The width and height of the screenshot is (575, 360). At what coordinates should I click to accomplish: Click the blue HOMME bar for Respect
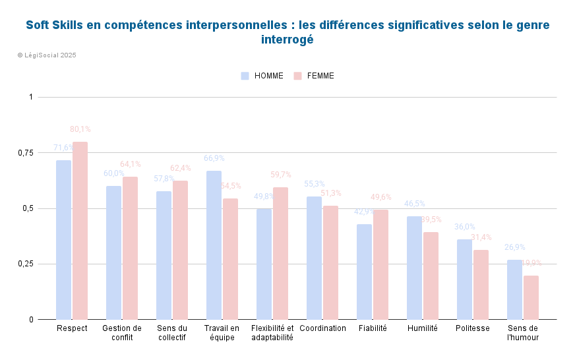63,240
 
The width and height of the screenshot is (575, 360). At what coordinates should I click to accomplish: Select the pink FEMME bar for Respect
80,231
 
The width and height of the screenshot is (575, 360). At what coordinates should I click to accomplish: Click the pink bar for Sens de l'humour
531,297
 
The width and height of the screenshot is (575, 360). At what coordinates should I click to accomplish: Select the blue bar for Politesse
464,280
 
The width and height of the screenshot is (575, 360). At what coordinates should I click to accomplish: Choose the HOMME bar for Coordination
314,258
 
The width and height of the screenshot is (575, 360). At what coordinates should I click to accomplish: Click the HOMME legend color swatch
245,76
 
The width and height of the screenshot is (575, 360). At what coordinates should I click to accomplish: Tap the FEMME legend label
320,76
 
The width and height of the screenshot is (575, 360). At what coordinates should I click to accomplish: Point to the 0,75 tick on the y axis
25,153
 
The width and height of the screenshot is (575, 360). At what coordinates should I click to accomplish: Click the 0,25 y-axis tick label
25,264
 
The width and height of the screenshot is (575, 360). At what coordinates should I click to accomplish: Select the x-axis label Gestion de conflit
122,332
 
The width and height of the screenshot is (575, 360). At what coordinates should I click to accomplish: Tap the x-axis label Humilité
422,328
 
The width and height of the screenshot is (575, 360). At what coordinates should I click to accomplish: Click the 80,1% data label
80,129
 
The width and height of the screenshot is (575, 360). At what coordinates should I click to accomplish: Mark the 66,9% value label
214,158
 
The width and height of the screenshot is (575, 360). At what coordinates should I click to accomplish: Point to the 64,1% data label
130,164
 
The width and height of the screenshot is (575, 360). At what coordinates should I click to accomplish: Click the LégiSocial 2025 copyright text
47,55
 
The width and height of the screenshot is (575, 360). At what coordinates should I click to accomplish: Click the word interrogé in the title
287,39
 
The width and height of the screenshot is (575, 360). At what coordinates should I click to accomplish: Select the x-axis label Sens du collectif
171,332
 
